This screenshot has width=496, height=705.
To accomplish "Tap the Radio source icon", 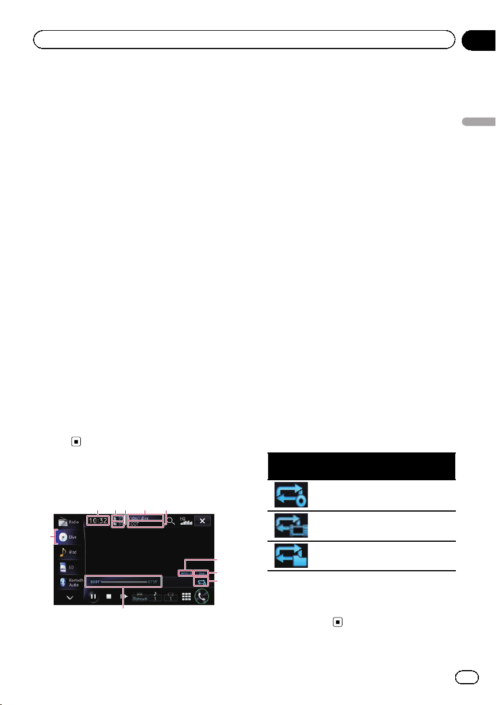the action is [x=69, y=522].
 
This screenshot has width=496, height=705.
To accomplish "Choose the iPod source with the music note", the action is [x=68, y=552].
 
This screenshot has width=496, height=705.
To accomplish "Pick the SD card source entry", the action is [x=68, y=567].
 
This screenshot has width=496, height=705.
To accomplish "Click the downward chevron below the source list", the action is [x=70, y=597].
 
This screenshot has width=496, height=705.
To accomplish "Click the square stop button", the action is [x=109, y=597].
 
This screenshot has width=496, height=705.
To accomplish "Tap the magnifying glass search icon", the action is [x=171, y=521].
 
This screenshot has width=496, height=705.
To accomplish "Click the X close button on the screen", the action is [x=203, y=521].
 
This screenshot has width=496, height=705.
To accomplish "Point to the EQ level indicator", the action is [x=186, y=522].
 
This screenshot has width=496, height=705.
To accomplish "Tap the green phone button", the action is [x=203, y=596].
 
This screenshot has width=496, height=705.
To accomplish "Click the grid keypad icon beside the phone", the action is [x=185, y=597].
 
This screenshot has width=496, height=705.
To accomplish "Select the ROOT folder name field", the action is [x=145, y=524].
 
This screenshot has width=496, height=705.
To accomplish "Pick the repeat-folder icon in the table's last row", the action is [x=291, y=556].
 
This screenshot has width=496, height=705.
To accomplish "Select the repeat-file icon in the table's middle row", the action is [x=291, y=526].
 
